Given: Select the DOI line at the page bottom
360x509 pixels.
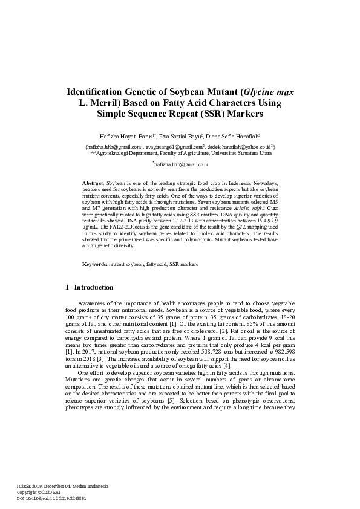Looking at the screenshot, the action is [51, 499].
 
